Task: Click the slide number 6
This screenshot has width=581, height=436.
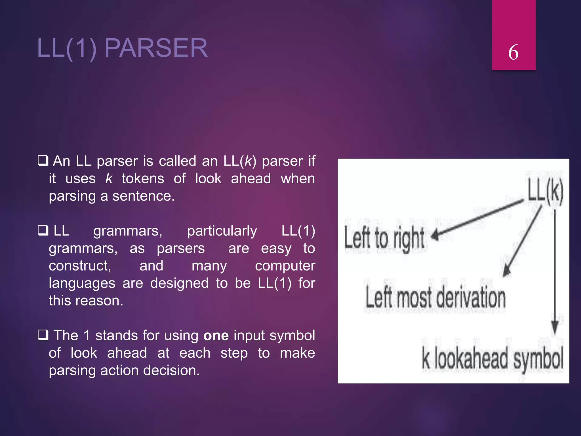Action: tap(513, 52)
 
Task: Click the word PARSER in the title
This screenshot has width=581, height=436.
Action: tap(156, 48)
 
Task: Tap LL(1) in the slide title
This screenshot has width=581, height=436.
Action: tap(67, 48)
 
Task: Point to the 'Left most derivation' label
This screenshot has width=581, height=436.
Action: tap(435, 298)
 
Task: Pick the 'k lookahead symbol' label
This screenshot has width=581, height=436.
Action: tap(492, 359)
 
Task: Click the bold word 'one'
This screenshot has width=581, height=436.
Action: tap(216, 336)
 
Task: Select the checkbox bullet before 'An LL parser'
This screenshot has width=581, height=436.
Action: tap(43, 161)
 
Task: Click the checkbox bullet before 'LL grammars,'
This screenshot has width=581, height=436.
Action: tap(43, 230)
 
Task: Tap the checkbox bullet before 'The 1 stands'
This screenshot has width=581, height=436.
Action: tap(43, 335)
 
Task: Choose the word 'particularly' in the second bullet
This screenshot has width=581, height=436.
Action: tap(222, 231)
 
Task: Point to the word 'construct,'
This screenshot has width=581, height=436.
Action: tap(80, 266)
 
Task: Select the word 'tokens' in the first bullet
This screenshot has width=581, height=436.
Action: tap(143, 179)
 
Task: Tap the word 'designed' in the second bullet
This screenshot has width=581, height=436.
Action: tap(179, 283)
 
